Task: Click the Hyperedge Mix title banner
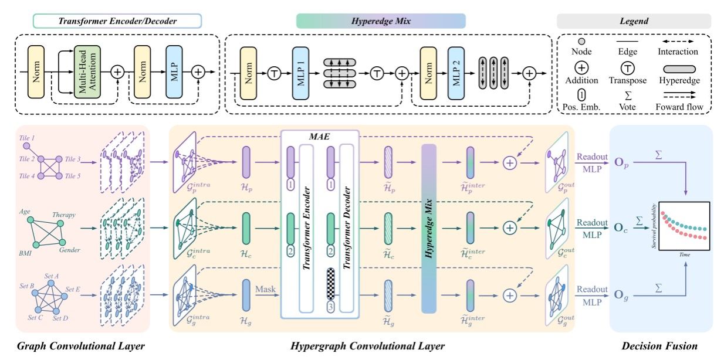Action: (381, 21)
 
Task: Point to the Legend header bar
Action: (633, 21)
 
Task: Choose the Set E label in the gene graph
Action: (72, 289)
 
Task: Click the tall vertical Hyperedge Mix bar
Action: (429, 229)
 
